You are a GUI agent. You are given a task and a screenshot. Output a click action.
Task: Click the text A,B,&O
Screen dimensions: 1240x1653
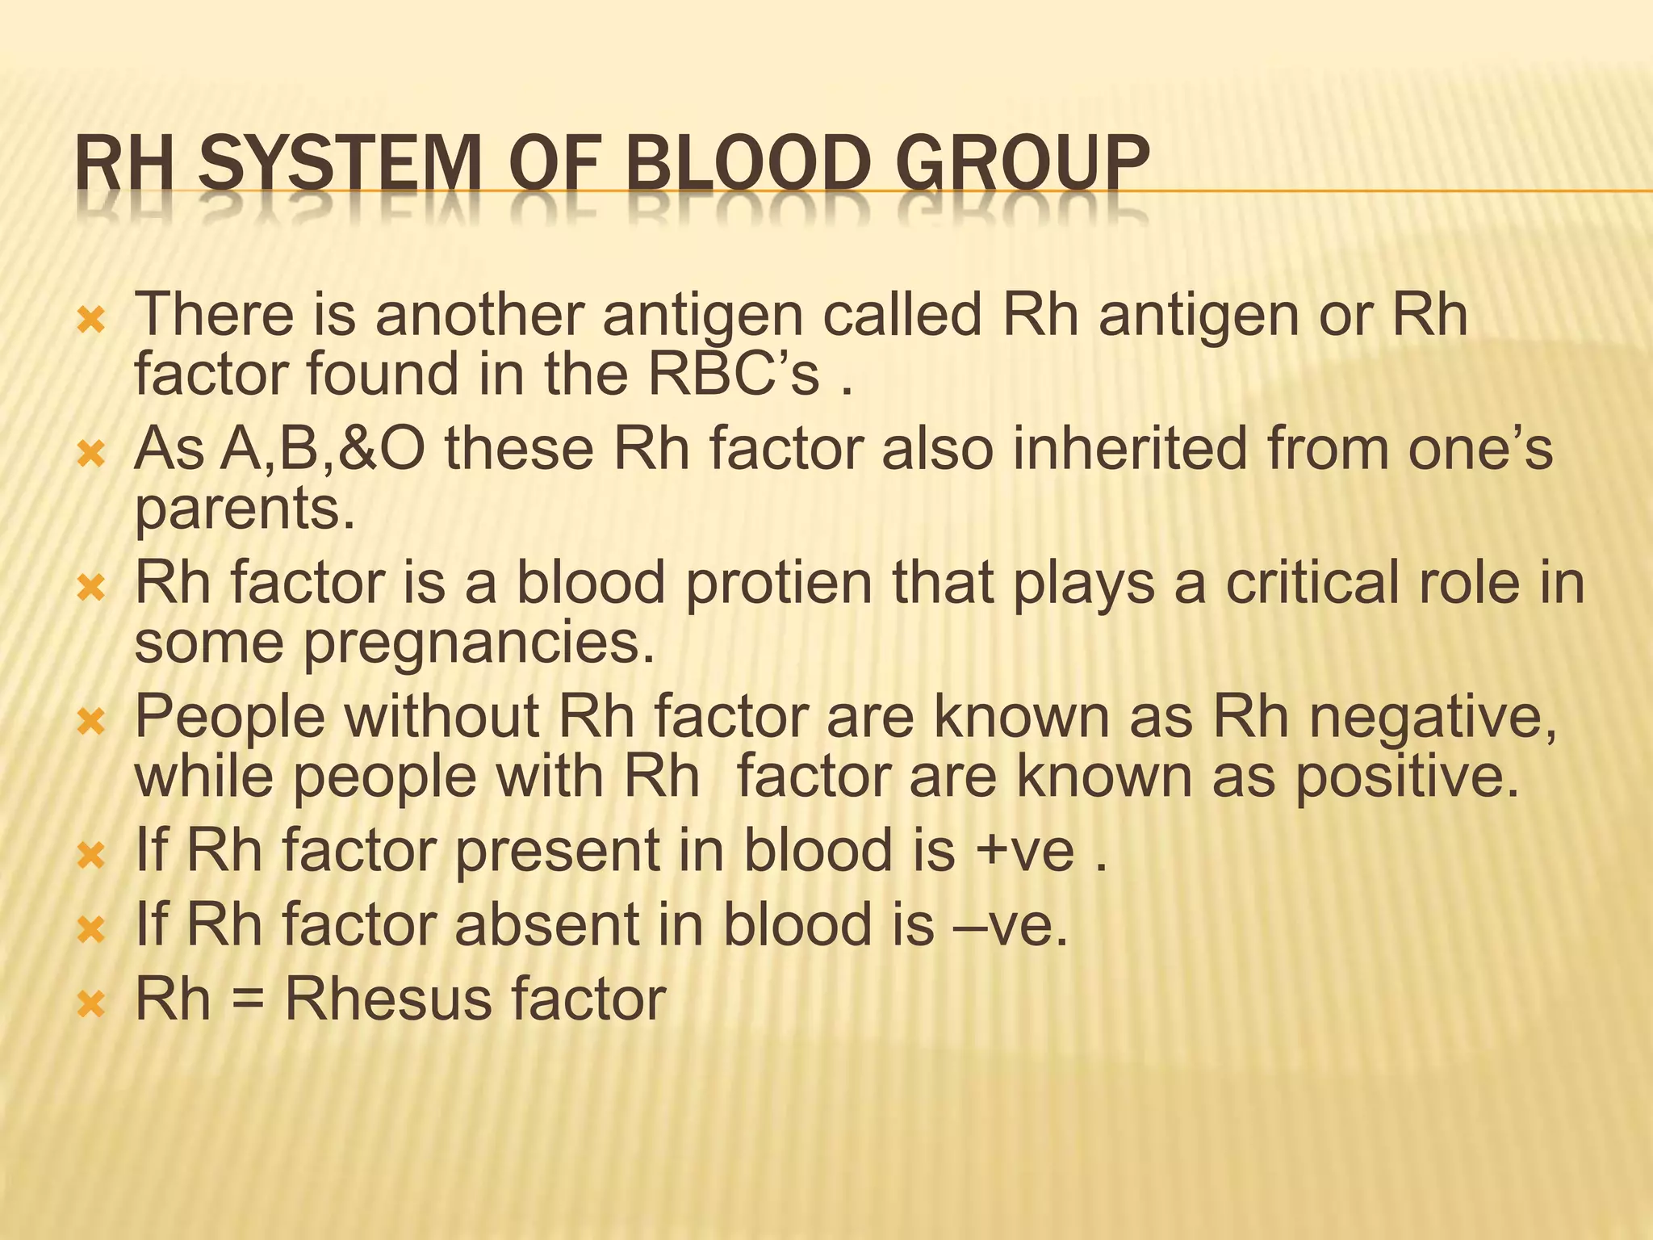pos(280,449)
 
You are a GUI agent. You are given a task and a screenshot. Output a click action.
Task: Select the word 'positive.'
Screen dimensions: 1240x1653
pos(1408,777)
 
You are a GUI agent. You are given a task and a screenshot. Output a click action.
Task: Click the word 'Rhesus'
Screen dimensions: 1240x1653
pos(387,999)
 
